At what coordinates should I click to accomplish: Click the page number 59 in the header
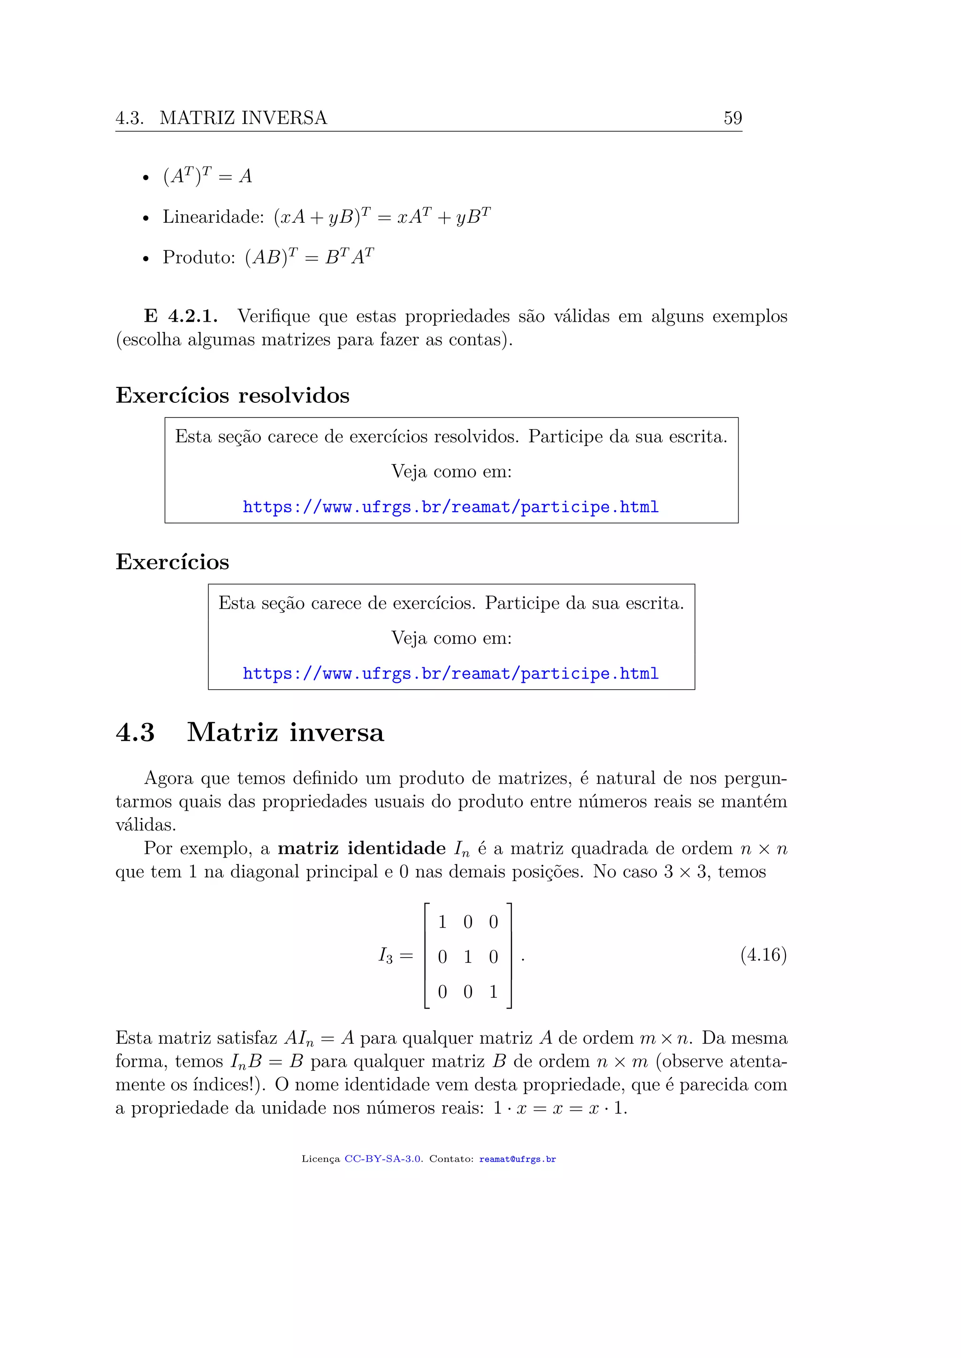[732, 118]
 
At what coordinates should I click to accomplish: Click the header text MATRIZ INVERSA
[243, 118]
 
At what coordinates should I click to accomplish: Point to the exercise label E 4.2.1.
[181, 316]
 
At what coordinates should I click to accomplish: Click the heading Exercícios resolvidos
[233, 395]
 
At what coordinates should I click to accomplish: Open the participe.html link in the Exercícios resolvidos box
[450, 507]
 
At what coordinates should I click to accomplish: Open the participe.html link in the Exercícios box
[450, 674]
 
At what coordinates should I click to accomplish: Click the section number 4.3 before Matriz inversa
[135, 732]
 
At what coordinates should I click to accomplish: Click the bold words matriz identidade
[362, 848]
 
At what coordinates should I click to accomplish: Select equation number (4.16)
[763, 954]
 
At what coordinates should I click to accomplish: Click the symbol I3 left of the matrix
[385, 955]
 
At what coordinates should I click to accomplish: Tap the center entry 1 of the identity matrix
[467, 957]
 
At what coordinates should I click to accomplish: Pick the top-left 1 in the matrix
[442, 921]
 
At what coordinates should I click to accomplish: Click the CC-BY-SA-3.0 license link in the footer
[383, 1159]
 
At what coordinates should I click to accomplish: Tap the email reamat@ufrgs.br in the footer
[517, 1159]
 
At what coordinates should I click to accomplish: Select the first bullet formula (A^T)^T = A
[207, 176]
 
